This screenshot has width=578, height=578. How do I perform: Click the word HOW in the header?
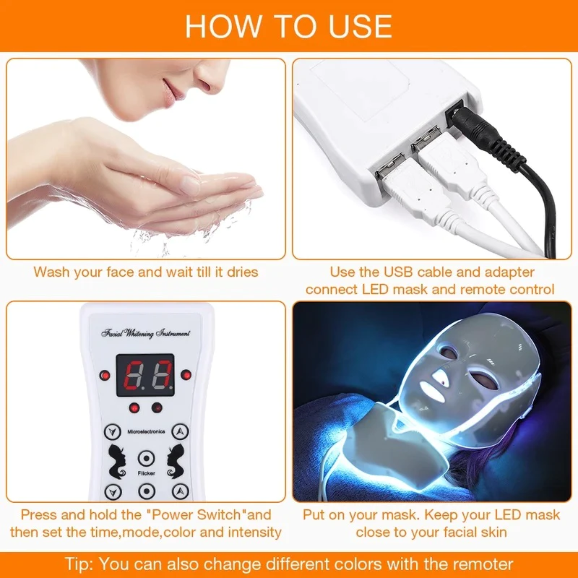[x=223, y=26]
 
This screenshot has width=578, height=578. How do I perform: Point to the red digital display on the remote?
[x=145, y=375]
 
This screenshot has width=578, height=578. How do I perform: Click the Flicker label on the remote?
[x=146, y=473]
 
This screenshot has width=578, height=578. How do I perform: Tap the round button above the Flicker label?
[x=146, y=459]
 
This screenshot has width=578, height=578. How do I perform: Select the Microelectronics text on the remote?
[x=146, y=432]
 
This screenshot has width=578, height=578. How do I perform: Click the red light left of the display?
[x=105, y=375]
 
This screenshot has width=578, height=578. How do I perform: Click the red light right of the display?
[x=186, y=375]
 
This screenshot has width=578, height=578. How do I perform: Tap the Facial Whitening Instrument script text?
[x=145, y=333]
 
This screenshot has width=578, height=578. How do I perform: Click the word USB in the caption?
[x=398, y=272]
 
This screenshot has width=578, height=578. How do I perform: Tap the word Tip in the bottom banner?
[x=78, y=564]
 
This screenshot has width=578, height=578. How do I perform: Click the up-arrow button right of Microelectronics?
[x=180, y=432]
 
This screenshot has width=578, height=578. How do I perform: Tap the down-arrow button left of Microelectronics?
[x=113, y=432]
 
